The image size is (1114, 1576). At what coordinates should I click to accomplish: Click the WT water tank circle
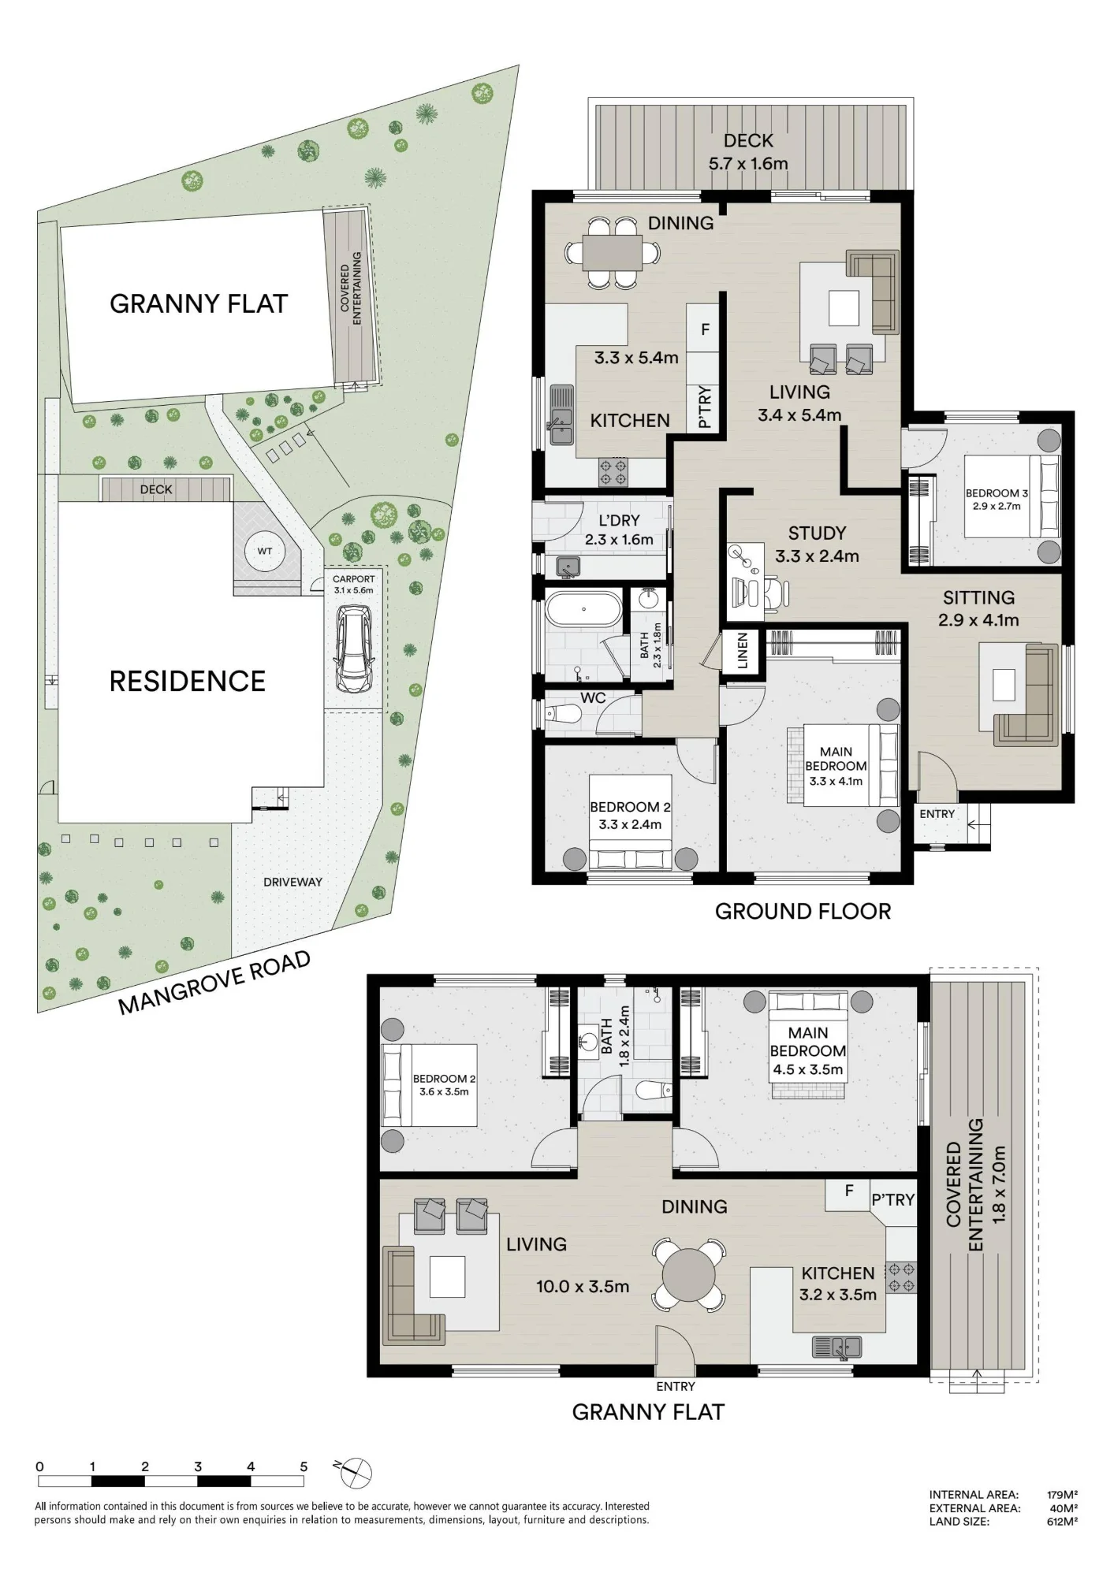pyautogui.click(x=264, y=551)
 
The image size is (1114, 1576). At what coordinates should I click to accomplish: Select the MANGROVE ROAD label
pyautogui.click(x=214, y=983)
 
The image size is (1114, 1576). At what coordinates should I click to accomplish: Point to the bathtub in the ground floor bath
pyautogui.click(x=584, y=609)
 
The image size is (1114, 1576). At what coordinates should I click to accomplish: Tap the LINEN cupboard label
pyautogui.click(x=742, y=651)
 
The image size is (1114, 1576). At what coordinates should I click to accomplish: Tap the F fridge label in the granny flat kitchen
pyautogui.click(x=849, y=1191)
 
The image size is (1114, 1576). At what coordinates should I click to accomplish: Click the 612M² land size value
pyautogui.click(x=1062, y=1522)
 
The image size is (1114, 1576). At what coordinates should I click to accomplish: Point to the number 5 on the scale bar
pyautogui.click(x=304, y=1466)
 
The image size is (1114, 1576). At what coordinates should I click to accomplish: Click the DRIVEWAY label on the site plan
pyautogui.click(x=292, y=882)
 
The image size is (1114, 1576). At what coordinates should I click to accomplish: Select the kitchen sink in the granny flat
pyautogui.click(x=836, y=1347)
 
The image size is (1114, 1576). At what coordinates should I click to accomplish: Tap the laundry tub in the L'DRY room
pyautogui.click(x=568, y=566)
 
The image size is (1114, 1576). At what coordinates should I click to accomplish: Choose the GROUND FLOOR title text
pyautogui.click(x=803, y=911)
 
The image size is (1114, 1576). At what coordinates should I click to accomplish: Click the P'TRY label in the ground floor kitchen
pyautogui.click(x=705, y=407)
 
